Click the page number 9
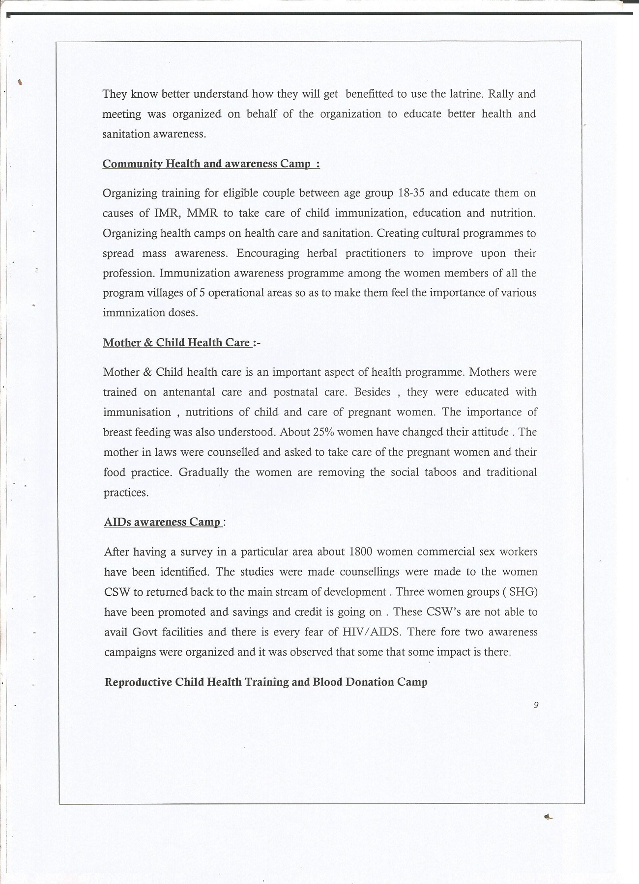(x=536, y=705)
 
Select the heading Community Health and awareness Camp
(x=211, y=164)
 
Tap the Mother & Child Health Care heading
(x=177, y=343)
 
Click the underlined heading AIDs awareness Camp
(x=163, y=522)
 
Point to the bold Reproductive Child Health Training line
(x=266, y=682)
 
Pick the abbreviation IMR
(x=166, y=213)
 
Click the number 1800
(x=362, y=552)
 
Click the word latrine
(x=466, y=94)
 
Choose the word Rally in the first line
(x=500, y=94)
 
